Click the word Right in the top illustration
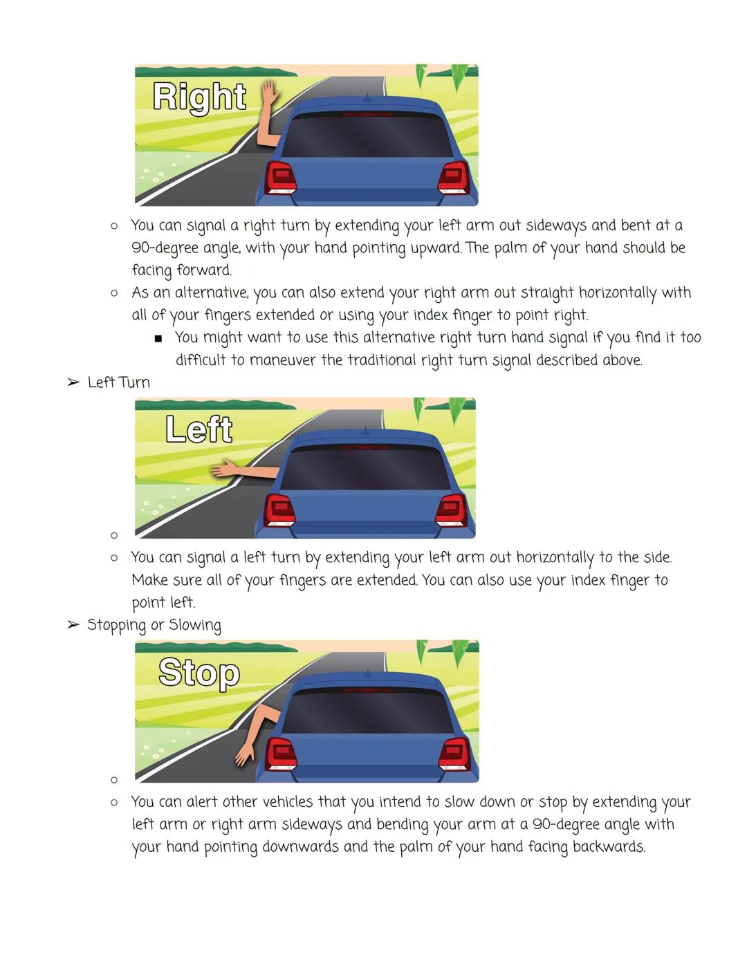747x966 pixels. [199, 97]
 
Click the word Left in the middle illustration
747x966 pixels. [199, 429]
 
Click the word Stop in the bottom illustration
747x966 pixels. [199, 673]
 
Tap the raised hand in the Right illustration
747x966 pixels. [268, 93]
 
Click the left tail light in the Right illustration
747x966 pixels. [281, 178]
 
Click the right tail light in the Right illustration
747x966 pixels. [454, 178]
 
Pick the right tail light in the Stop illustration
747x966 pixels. [455, 754]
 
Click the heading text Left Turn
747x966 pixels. [118, 382]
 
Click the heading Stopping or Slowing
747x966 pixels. [154, 625]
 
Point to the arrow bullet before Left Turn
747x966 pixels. [73, 382]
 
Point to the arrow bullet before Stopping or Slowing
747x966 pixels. [73, 625]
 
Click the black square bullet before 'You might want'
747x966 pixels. [158, 339]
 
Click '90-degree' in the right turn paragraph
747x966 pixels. [164, 248]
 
